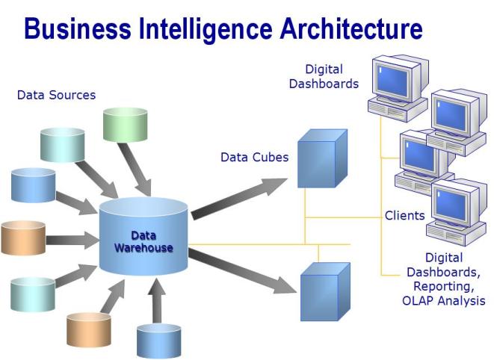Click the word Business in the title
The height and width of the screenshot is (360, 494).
click(x=75, y=29)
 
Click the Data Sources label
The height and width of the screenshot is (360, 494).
click(x=56, y=96)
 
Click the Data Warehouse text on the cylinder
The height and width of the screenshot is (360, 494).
click(x=143, y=242)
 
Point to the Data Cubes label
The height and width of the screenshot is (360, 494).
click(x=254, y=158)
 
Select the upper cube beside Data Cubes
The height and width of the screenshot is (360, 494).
click(x=321, y=159)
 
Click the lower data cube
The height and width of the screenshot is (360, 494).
click(x=324, y=292)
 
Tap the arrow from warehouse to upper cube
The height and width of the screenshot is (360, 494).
click(x=239, y=198)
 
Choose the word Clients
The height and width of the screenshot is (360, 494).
click(x=404, y=216)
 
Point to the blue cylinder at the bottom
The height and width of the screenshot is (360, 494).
click(x=158, y=341)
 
